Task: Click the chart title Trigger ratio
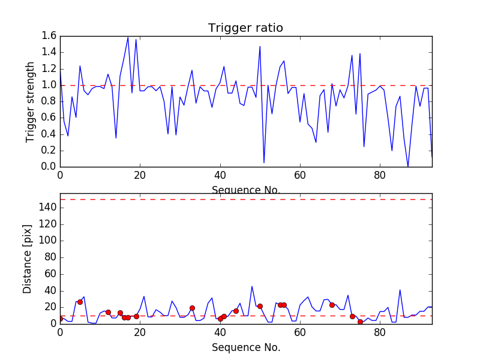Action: click(245, 28)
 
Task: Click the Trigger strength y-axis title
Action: click(31, 101)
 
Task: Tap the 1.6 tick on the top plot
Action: click(49, 36)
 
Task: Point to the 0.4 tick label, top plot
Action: click(49, 134)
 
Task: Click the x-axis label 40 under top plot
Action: click(220, 176)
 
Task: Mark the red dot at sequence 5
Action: click(80, 302)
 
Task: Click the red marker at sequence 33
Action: click(192, 308)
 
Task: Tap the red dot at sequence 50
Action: click(260, 306)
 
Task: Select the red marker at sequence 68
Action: click(332, 305)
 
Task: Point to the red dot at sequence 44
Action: click(236, 311)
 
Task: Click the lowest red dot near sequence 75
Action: click(360, 322)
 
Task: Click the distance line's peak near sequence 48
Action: click(252, 286)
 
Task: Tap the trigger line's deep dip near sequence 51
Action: click(264, 163)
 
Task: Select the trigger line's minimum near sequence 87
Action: click(408, 167)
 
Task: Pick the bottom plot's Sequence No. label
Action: click(245, 347)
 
